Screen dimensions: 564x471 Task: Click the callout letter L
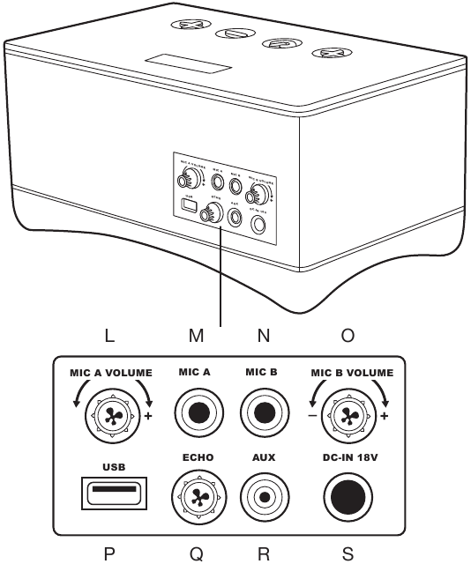click(x=108, y=336)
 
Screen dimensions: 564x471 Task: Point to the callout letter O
click(x=348, y=336)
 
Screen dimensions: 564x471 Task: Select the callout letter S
click(x=348, y=553)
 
